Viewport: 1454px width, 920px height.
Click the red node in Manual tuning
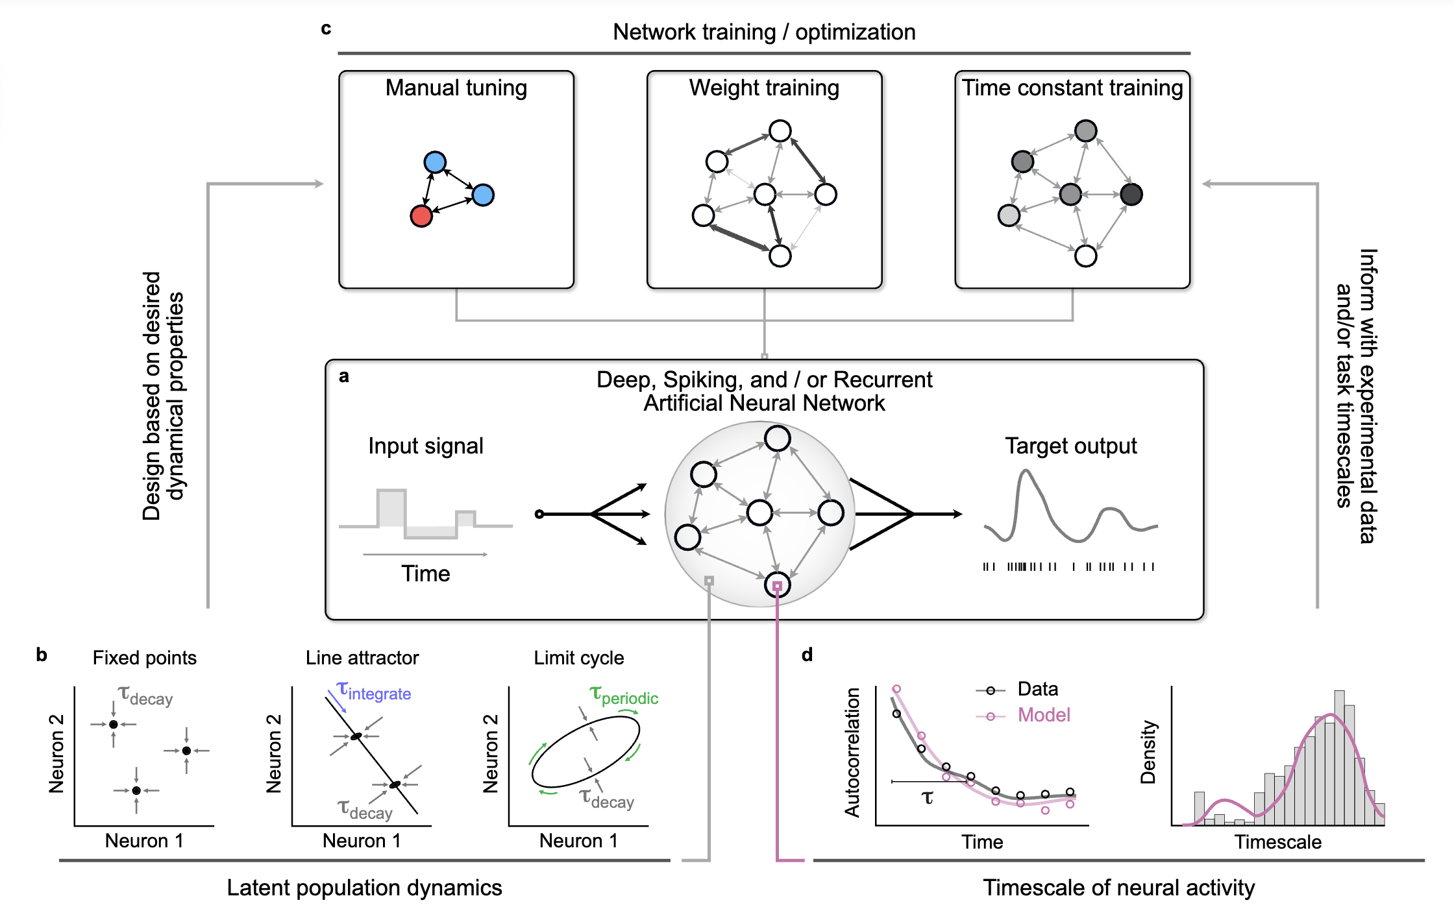(x=421, y=216)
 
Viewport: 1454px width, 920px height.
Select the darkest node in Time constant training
(x=1131, y=194)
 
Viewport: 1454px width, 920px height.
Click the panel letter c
(x=326, y=29)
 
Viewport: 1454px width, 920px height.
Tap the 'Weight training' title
(x=764, y=88)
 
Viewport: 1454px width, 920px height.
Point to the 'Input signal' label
(x=426, y=446)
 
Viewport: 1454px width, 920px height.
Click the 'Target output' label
(x=1071, y=446)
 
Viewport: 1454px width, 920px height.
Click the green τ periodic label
(x=624, y=696)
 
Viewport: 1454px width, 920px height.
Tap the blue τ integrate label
(x=375, y=692)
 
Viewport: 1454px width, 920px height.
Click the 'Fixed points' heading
(x=144, y=658)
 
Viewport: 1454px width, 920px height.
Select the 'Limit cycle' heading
(x=579, y=658)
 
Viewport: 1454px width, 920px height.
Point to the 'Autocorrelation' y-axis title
(x=852, y=753)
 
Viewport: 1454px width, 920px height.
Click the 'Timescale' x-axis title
(x=1277, y=842)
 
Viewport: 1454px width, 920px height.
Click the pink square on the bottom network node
(x=777, y=586)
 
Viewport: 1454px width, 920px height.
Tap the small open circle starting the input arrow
(x=539, y=514)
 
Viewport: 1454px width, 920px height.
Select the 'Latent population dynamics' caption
(x=364, y=888)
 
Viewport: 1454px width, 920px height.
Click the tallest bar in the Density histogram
(x=1339, y=758)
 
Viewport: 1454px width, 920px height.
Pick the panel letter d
(x=807, y=655)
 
